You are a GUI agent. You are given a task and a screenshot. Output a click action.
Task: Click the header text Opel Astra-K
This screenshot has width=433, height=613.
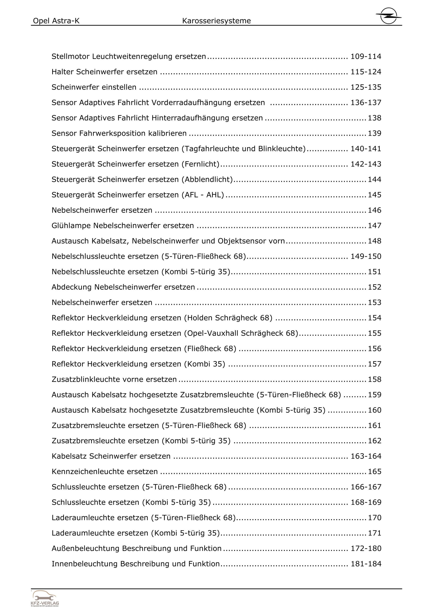pyautogui.click(x=56, y=21)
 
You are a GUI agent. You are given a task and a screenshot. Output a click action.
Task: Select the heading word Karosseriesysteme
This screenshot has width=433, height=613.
pyautogui.click(x=216, y=21)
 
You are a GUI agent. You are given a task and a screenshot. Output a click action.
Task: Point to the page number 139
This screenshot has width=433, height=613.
pyautogui.click(x=375, y=134)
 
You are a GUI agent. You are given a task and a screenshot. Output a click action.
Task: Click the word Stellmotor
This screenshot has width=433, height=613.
pyautogui.click(x=70, y=57)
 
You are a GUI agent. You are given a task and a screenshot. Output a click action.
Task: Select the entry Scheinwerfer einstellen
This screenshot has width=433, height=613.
pyautogui.click(x=94, y=87)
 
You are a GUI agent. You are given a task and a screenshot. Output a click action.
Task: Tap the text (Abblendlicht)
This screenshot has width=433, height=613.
pyautogui.click(x=207, y=179)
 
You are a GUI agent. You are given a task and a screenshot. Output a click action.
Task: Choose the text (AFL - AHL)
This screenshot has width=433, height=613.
pyautogui.click(x=203, y=195)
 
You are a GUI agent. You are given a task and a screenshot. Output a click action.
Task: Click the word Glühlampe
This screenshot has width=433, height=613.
pyautogui.click(x=71, y=226)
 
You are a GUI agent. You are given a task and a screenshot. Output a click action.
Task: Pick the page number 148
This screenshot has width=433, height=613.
pyautogui.click(x=375, y=241)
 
